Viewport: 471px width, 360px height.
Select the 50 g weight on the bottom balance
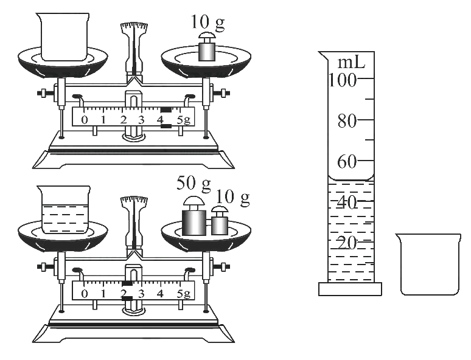(x=194, y=216)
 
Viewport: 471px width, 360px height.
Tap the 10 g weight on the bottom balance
(x=220, y=221)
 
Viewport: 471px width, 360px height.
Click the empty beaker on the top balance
(x=63, y=36)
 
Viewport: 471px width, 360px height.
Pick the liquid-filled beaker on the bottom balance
(x=64, y=210)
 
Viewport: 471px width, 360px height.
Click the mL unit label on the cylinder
(x=351, y=63)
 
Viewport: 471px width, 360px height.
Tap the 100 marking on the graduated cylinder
(x=343, y=80)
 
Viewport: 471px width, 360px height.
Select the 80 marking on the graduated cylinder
(x=347, y=121)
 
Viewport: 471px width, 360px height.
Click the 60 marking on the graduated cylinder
(x=347, y=162)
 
